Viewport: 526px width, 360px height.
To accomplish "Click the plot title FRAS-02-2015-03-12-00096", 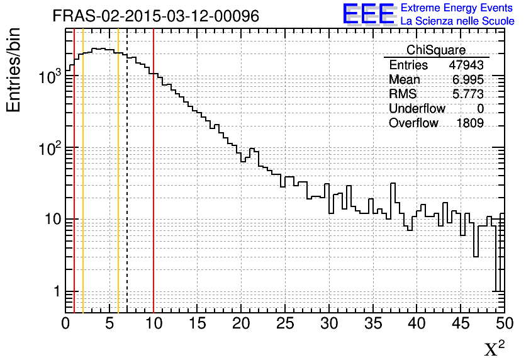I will pyautogui.click(x=156, y=16).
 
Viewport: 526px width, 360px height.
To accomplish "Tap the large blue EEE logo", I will pyautogui.click(x=369, y=14).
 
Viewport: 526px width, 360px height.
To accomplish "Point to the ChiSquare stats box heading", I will pyautogui.click(x=436, y=50).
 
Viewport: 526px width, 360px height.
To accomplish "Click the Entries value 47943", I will pyautogui.click(x=466, y=65).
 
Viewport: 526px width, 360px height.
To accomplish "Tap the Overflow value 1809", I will pyautogui.click(x=470, y=123).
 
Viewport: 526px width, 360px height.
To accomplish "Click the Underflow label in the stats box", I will pyautogui.click(x=417, y=109).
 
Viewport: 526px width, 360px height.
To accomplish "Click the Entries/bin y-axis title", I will pyautogui.click(x=14, y=70).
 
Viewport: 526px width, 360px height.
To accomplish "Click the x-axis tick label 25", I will pyautogui.click(x=285, y=324).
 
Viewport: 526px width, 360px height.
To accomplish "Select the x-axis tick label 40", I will pyautogui.click(x=417, y=324).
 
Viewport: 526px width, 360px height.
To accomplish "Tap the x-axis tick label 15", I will pyautogui.click(x=198, y=324).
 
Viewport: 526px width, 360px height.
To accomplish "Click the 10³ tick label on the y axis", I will pyautogui.click(x=48, y=77).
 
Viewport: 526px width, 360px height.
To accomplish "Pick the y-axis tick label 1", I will pyautogui.click(x=55, y=292).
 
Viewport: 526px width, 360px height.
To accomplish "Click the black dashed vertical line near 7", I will pyautogui.click(x=127, y=189).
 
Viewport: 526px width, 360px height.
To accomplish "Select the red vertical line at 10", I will pyautogui.click(x=154, y=189).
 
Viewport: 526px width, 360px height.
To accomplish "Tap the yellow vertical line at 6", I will pyautogui.click(x=118, y=189).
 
